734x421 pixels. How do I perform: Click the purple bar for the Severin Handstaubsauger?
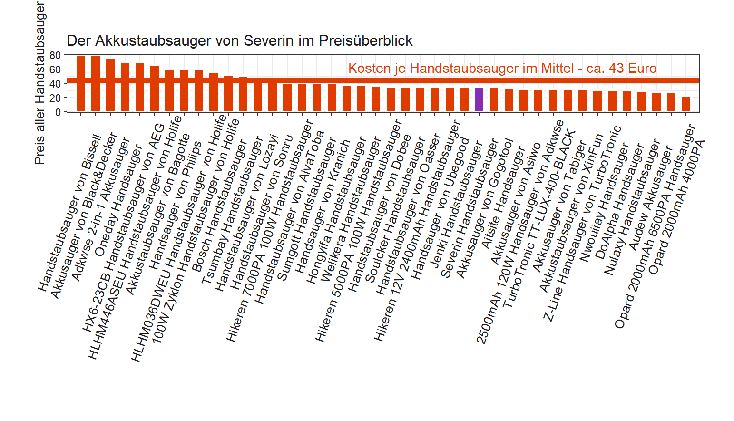[479, 100]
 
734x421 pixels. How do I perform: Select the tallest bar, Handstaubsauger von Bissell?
[81, 83]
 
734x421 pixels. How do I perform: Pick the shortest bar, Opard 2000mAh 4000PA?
[685, 104]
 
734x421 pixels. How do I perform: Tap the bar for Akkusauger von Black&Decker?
[96, 84]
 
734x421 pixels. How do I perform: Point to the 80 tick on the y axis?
[55, 56]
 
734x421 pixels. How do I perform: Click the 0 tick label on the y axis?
[58, 112]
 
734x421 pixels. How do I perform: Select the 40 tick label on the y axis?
[55, 84]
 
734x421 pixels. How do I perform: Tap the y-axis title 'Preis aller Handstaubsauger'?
[40, 83]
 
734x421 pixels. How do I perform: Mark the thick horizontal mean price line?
[333, 81]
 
